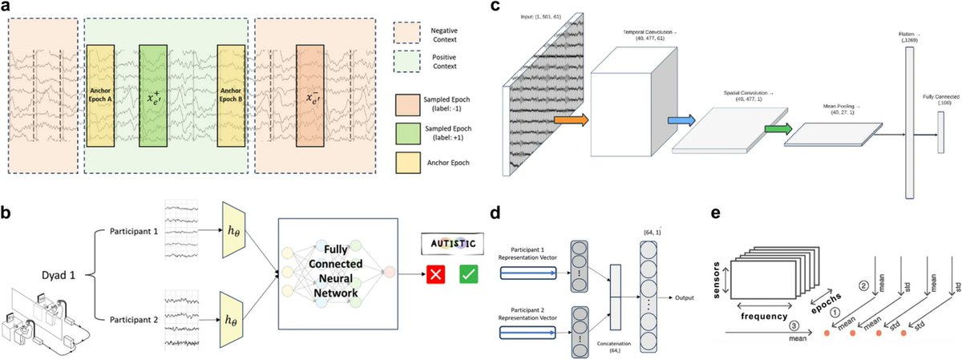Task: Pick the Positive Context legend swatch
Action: point(406,61)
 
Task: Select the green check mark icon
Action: point(469,276)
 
